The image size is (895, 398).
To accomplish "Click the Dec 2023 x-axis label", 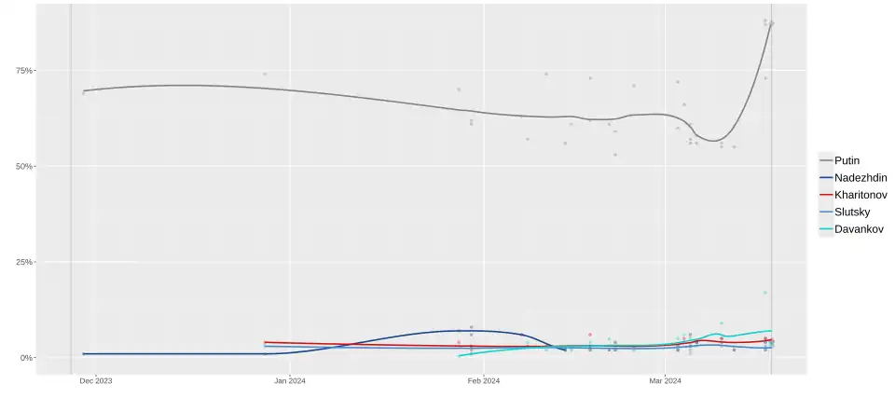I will pos(96,380).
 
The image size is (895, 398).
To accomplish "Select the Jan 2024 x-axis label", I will pos(290,380).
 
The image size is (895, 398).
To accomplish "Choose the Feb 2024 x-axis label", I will pos(484,380).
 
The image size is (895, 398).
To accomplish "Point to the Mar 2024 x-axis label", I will pos(665,380).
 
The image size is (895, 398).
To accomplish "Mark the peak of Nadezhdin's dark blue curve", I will pos(459,330).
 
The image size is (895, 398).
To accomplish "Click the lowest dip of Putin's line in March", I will pos(715,141).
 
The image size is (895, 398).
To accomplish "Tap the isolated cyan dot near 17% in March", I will pos(765,293).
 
